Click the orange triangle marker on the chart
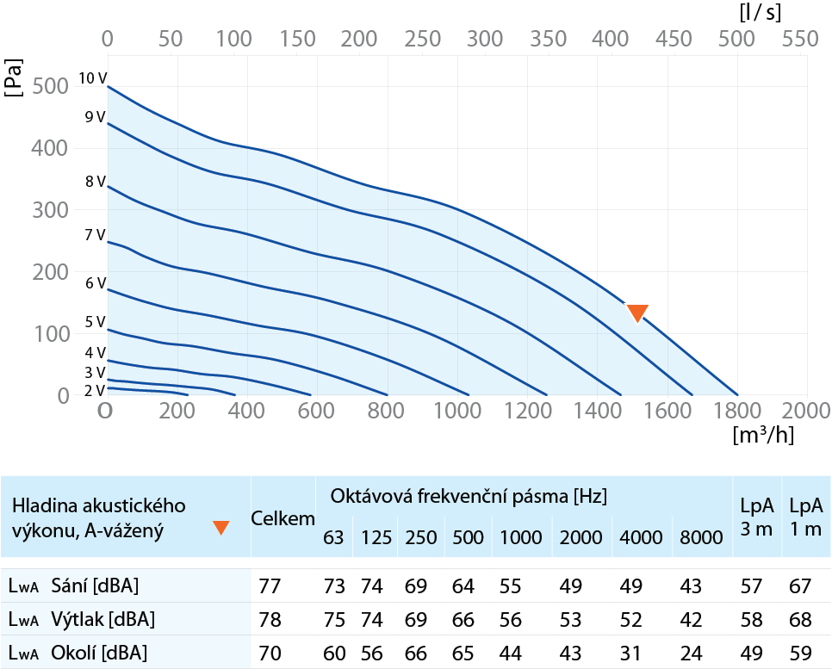(x=637, y=313)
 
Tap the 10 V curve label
(x=93, y=78)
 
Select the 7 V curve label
(x=95, y=234)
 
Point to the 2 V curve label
(x=95, y=391)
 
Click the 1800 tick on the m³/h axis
(x=737, y=411)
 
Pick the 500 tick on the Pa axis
(x=51, y=86)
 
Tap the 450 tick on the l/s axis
(x=674, y=39)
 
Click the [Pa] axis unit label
(x=13, y=77)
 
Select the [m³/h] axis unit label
(x=763, y=435)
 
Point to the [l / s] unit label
(x=761, y=12)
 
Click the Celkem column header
(x=283, y=518)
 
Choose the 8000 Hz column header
(x=701, y=537)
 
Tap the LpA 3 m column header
(x=757, y=517)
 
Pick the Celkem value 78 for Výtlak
(x=270, y=620)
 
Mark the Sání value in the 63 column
(x=334, y=586)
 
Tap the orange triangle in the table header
(x=220, y=527)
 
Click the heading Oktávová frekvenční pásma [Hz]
(x=469, y=496)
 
